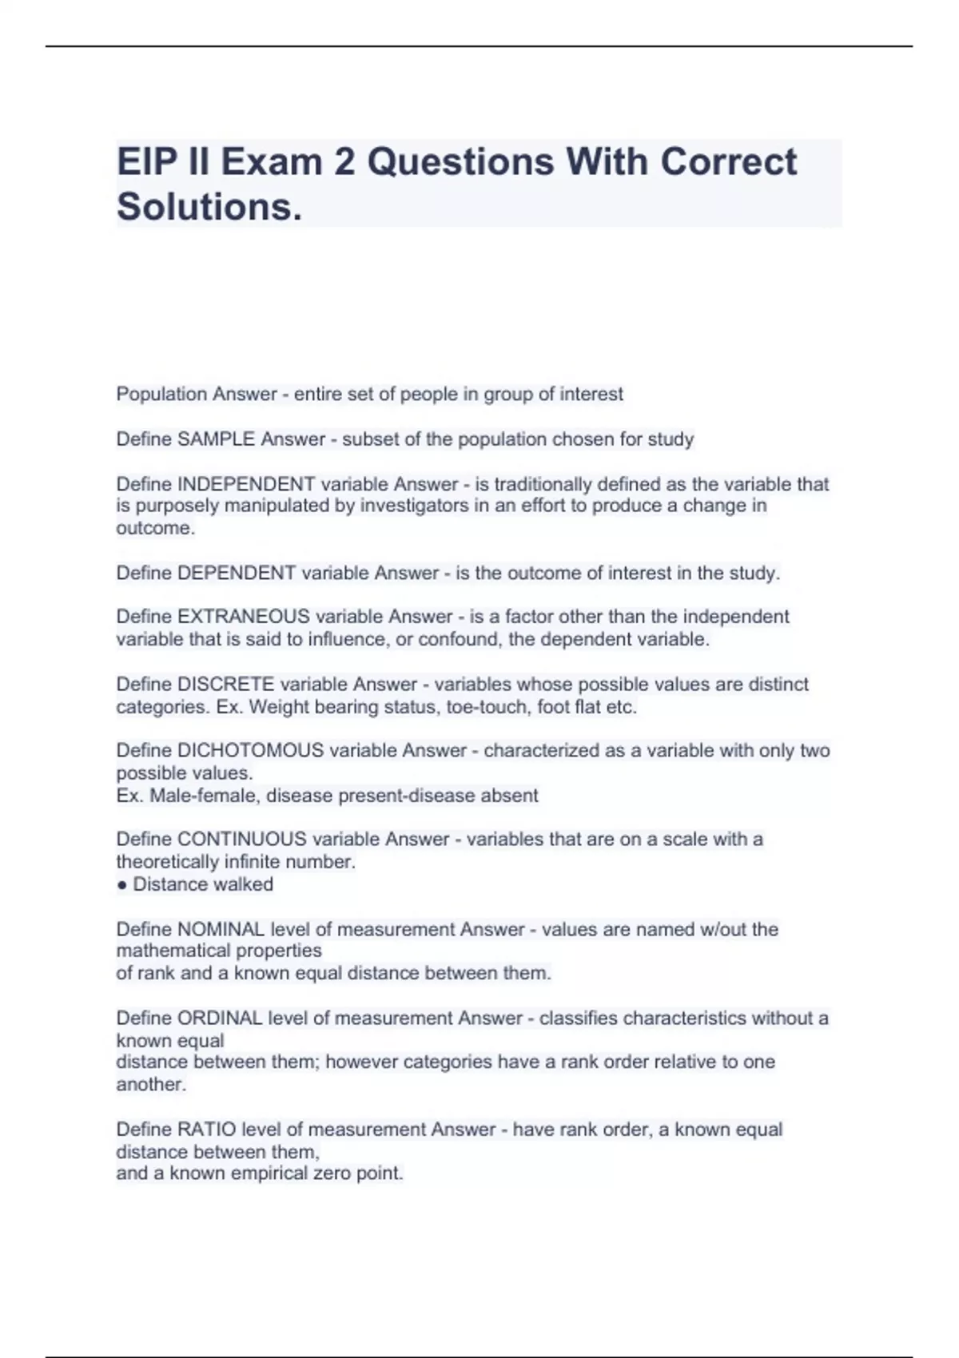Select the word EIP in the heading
pyautogui.click(x=145, y=162)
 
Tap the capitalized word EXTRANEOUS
pyautogui.click(x=244, y=617)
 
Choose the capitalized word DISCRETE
pyautogui.click(x=226, y=685)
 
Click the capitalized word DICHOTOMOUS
pyautogui.click(x=250, y=751)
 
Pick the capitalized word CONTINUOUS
pyautogui.click(x=242, y=840)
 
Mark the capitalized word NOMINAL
pyautogui.click(x=221, y=929)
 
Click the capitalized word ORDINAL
pyautogui.click(x=220, y=1018)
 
